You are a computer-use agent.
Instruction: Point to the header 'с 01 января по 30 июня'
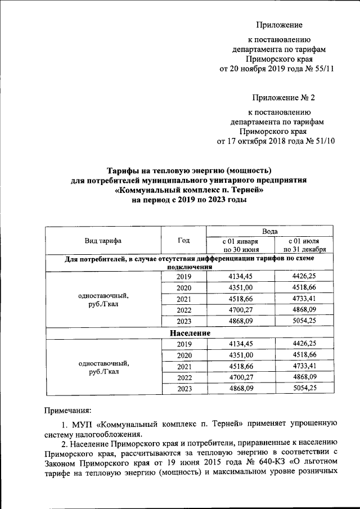[240, 245]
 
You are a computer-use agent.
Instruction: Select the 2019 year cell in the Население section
[183, 344]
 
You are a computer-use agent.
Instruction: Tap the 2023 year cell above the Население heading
[183, 322]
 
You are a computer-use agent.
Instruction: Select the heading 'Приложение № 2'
[283, 98]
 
